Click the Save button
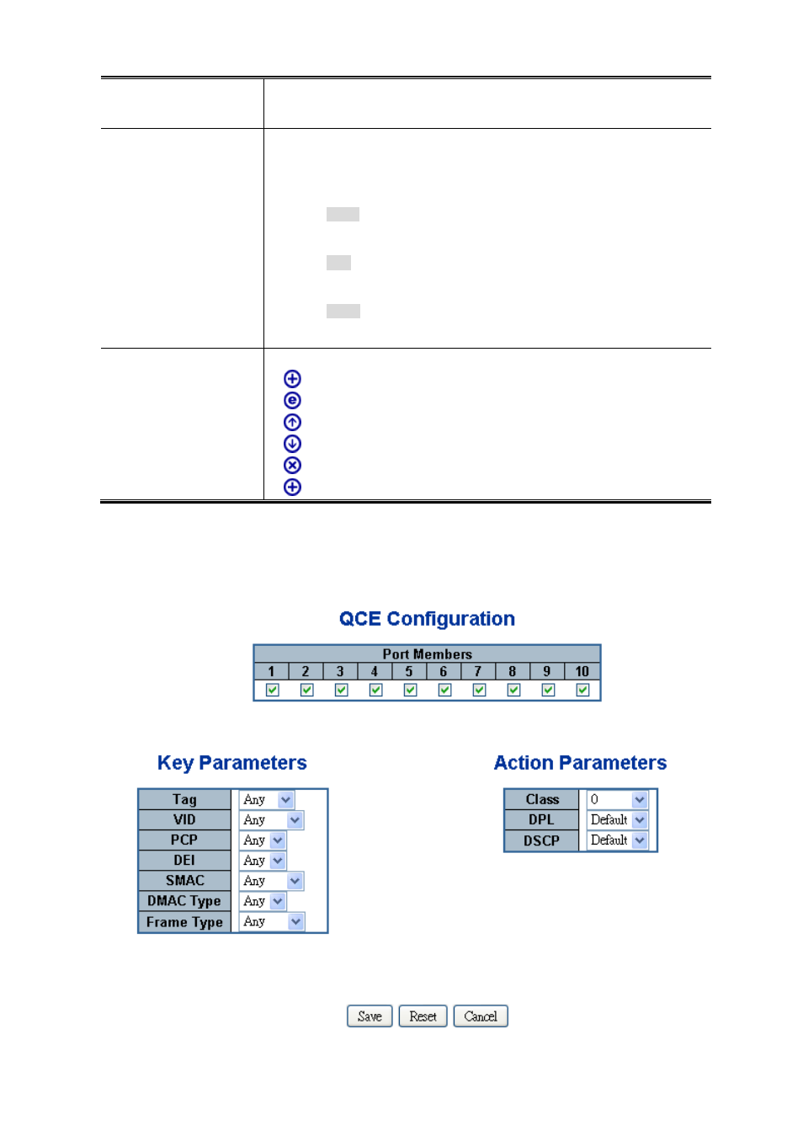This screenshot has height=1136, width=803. tap(370, 1016)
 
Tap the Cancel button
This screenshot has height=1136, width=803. tap(480, 1016)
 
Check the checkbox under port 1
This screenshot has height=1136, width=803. tap(272, 690)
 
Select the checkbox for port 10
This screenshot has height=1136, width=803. tap(582, 690)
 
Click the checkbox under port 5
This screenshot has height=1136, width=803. tap(410, 690)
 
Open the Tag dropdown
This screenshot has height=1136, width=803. tap(266, 800)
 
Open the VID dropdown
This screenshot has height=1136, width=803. tap(271, 820)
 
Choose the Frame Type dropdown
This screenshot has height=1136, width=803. tap(271, 922)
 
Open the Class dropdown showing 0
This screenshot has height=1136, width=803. tap(617, 800)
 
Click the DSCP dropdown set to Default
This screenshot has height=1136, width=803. tap(617, 840)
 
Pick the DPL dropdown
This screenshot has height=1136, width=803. tap(617, 820)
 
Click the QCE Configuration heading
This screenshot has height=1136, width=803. tap(427, 619)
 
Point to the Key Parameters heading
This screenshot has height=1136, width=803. tap(231, 763)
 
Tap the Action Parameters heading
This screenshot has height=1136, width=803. tap(580, 763)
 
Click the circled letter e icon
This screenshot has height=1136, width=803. tap(292, 401)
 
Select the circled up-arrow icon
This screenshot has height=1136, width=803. tap(292, 422)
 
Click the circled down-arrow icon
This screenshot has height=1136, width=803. tap(292, 444)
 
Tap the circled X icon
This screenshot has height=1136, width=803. tap(292, 465)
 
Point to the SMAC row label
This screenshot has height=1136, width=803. tap(184, 881)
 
